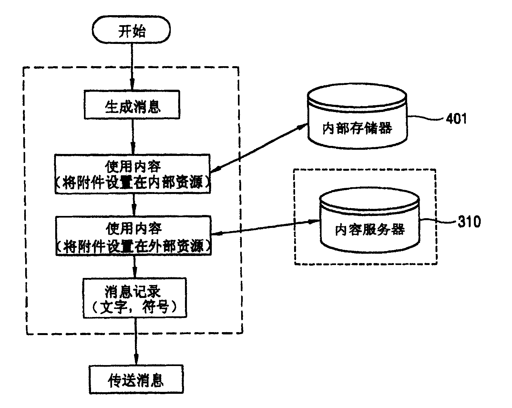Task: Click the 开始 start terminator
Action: (131, 31)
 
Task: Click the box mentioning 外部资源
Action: (133, 236)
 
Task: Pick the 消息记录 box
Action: (135, 297)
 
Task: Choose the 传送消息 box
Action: (136, 380)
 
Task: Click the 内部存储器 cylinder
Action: (357, 119)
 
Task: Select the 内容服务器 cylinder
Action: (370, 223)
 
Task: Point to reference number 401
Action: (456, 119)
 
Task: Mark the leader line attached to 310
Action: (437, 221)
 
